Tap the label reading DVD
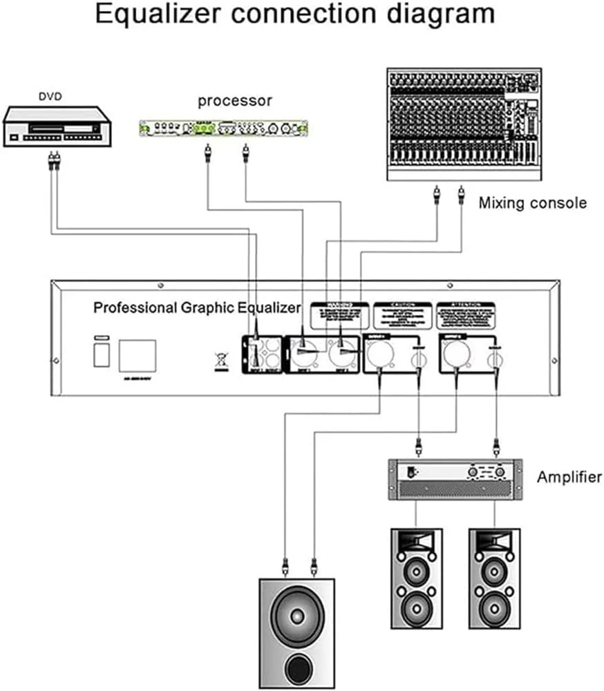[x=50, y=97]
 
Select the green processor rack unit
[x=222, y=128]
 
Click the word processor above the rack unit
[x=235, y=101]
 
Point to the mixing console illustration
[x=462, y=124]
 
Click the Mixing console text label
[x=532, y=203]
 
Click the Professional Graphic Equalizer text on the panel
[x=197, y=307]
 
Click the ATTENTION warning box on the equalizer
[x=466, y=314]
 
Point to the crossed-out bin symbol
[x=220, y=361]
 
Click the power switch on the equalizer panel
[x=102, y=353]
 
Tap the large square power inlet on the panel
[x=137, y=356]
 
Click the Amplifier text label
[x=569, y=477]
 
